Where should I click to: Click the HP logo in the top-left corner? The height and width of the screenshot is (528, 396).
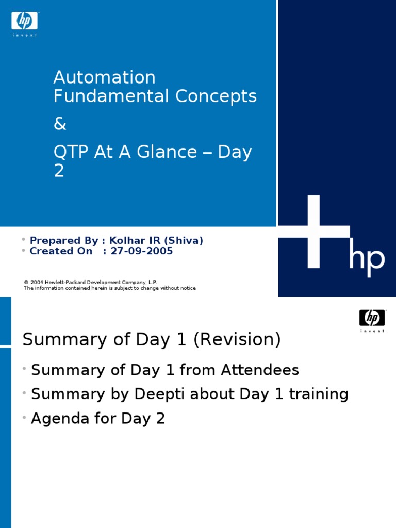click(25, 21)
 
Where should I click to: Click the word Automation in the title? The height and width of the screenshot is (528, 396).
click(104, 77)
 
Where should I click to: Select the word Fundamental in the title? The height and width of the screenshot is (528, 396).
click(111, 96)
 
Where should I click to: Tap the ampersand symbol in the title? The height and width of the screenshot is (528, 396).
click(60, 124)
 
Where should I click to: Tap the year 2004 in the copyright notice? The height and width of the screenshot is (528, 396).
click(37, 283)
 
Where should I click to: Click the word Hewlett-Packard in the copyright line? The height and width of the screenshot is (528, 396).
click(66, 283)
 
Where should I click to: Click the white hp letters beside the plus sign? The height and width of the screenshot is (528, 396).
click(367, 260)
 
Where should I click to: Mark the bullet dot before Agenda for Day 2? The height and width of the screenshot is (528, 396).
click(24, 418)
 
